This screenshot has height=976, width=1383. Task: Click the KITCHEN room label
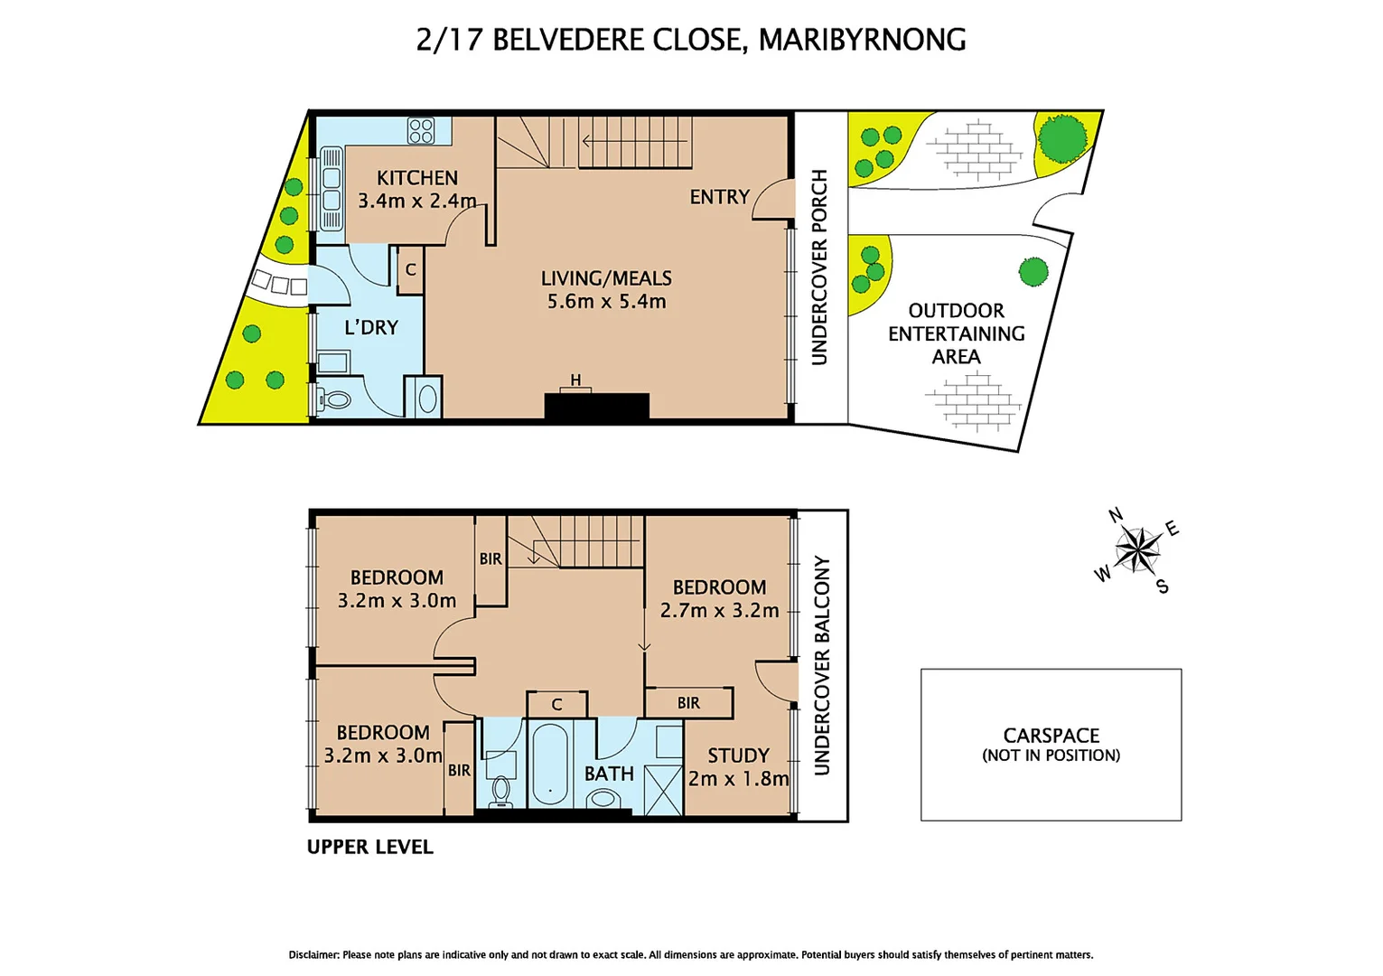pyautogui.click(x=416, y=178)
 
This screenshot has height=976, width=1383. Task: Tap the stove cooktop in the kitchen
pyautogui.click(x=421, y=131)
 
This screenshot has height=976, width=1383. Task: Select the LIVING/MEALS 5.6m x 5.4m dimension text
pyautogui.click(x=606, y=302)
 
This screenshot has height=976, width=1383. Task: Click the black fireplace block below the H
pyautogui.click(x=596, y=406)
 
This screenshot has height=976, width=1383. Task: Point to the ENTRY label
pyautogui.click(x=719, y=197)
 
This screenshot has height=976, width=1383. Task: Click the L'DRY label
pyautogui.click(x=371, y=327)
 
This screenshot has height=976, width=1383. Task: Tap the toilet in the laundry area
pyautogui.click(x=335, y=399)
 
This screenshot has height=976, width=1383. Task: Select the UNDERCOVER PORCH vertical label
pyautogui.click(x=819, y=267)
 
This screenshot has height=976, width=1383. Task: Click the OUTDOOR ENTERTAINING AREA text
pyautogui.click(x=956, y=333)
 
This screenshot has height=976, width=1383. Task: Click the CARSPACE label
pyautogui.click(x=1051, y=736)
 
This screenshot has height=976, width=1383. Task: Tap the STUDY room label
pyautogui.click(x=738, y=755)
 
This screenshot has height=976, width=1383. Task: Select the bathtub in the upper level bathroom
pyautogui.click(x=549, y=766)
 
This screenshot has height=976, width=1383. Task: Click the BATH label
pyautogui.click(x=609, y=774)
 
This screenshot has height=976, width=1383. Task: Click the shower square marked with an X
pyautogui.click(x=663, y=791)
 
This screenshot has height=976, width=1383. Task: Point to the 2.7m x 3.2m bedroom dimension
pyautogui.click(x=719, y=611)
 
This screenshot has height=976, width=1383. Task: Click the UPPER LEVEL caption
pyautogui.click(x=369, y=847)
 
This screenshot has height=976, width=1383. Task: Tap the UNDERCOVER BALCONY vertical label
pyautogui.click(x=821, y=665)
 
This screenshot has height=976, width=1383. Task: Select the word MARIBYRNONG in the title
pyautogui.click(x=862, y=40)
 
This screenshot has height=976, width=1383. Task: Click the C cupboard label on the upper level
pyautogui.click(x=556, y=705)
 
